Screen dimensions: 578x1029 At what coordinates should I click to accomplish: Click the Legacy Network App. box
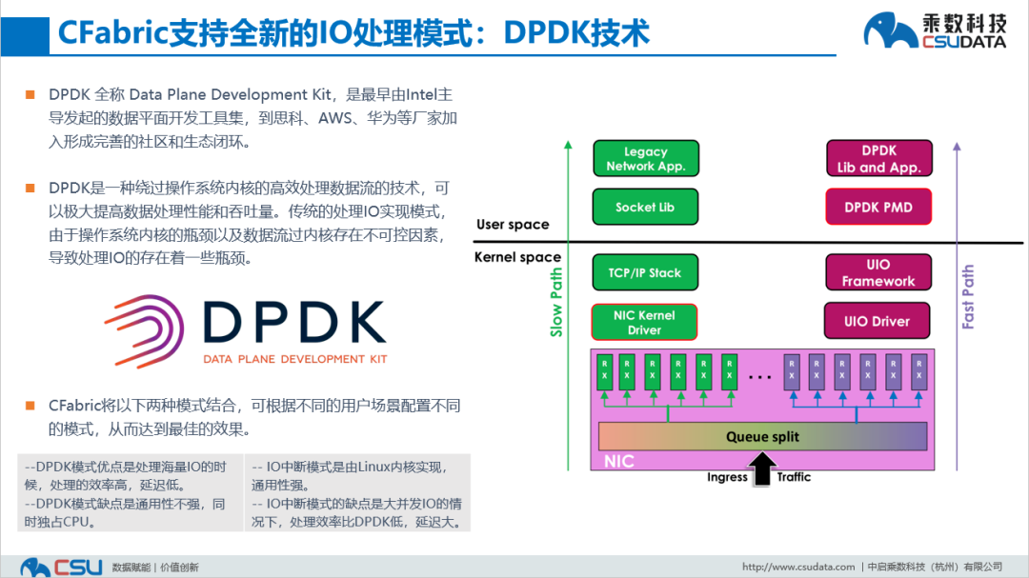645,158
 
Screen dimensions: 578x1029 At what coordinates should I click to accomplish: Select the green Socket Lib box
645,207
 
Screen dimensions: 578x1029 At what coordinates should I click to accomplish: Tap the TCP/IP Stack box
645,272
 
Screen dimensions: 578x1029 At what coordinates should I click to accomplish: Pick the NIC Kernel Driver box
644,322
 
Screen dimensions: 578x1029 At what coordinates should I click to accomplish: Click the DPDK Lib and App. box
878,158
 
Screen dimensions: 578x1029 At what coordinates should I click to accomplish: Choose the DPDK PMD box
878,207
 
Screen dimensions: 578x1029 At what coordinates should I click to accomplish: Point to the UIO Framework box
878,272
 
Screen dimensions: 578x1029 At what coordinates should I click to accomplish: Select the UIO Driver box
877,321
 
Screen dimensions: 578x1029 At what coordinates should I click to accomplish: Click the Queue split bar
762,436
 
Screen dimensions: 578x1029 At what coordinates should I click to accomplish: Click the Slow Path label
556,302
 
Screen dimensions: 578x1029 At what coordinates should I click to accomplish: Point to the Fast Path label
968,297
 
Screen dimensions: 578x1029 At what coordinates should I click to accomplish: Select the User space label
513,225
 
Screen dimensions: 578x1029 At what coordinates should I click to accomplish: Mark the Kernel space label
517,257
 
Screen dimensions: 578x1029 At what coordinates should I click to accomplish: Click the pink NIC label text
619,462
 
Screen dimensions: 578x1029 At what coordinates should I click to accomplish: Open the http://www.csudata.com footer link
798,568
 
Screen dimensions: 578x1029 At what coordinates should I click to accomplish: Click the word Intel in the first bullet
421,94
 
